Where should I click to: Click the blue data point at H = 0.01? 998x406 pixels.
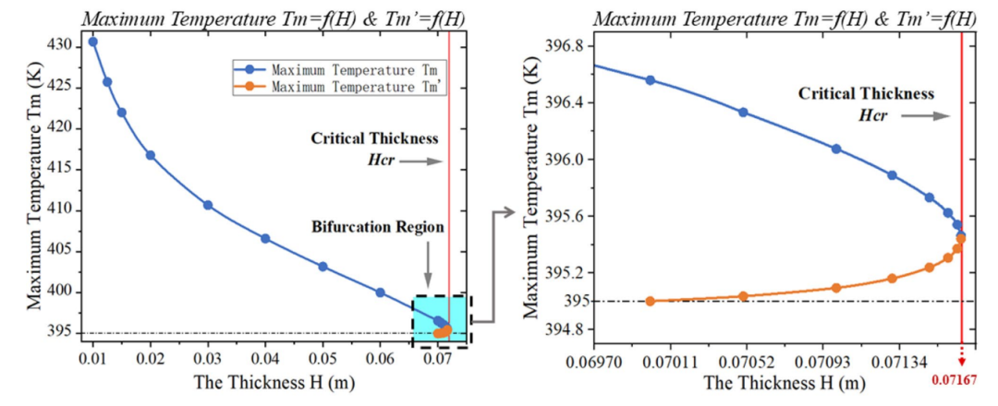click(92, 42)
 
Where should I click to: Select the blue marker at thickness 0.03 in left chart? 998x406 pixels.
click(208, 205)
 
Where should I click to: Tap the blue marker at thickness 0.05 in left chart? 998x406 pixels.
click(323, 267)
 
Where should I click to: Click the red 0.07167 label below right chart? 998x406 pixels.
click(962, 378)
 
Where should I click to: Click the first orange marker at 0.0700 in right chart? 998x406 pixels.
click(650, 301)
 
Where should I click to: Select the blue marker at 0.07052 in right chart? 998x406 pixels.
click(743, 113)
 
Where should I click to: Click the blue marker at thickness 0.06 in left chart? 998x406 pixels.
click(380, 293)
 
